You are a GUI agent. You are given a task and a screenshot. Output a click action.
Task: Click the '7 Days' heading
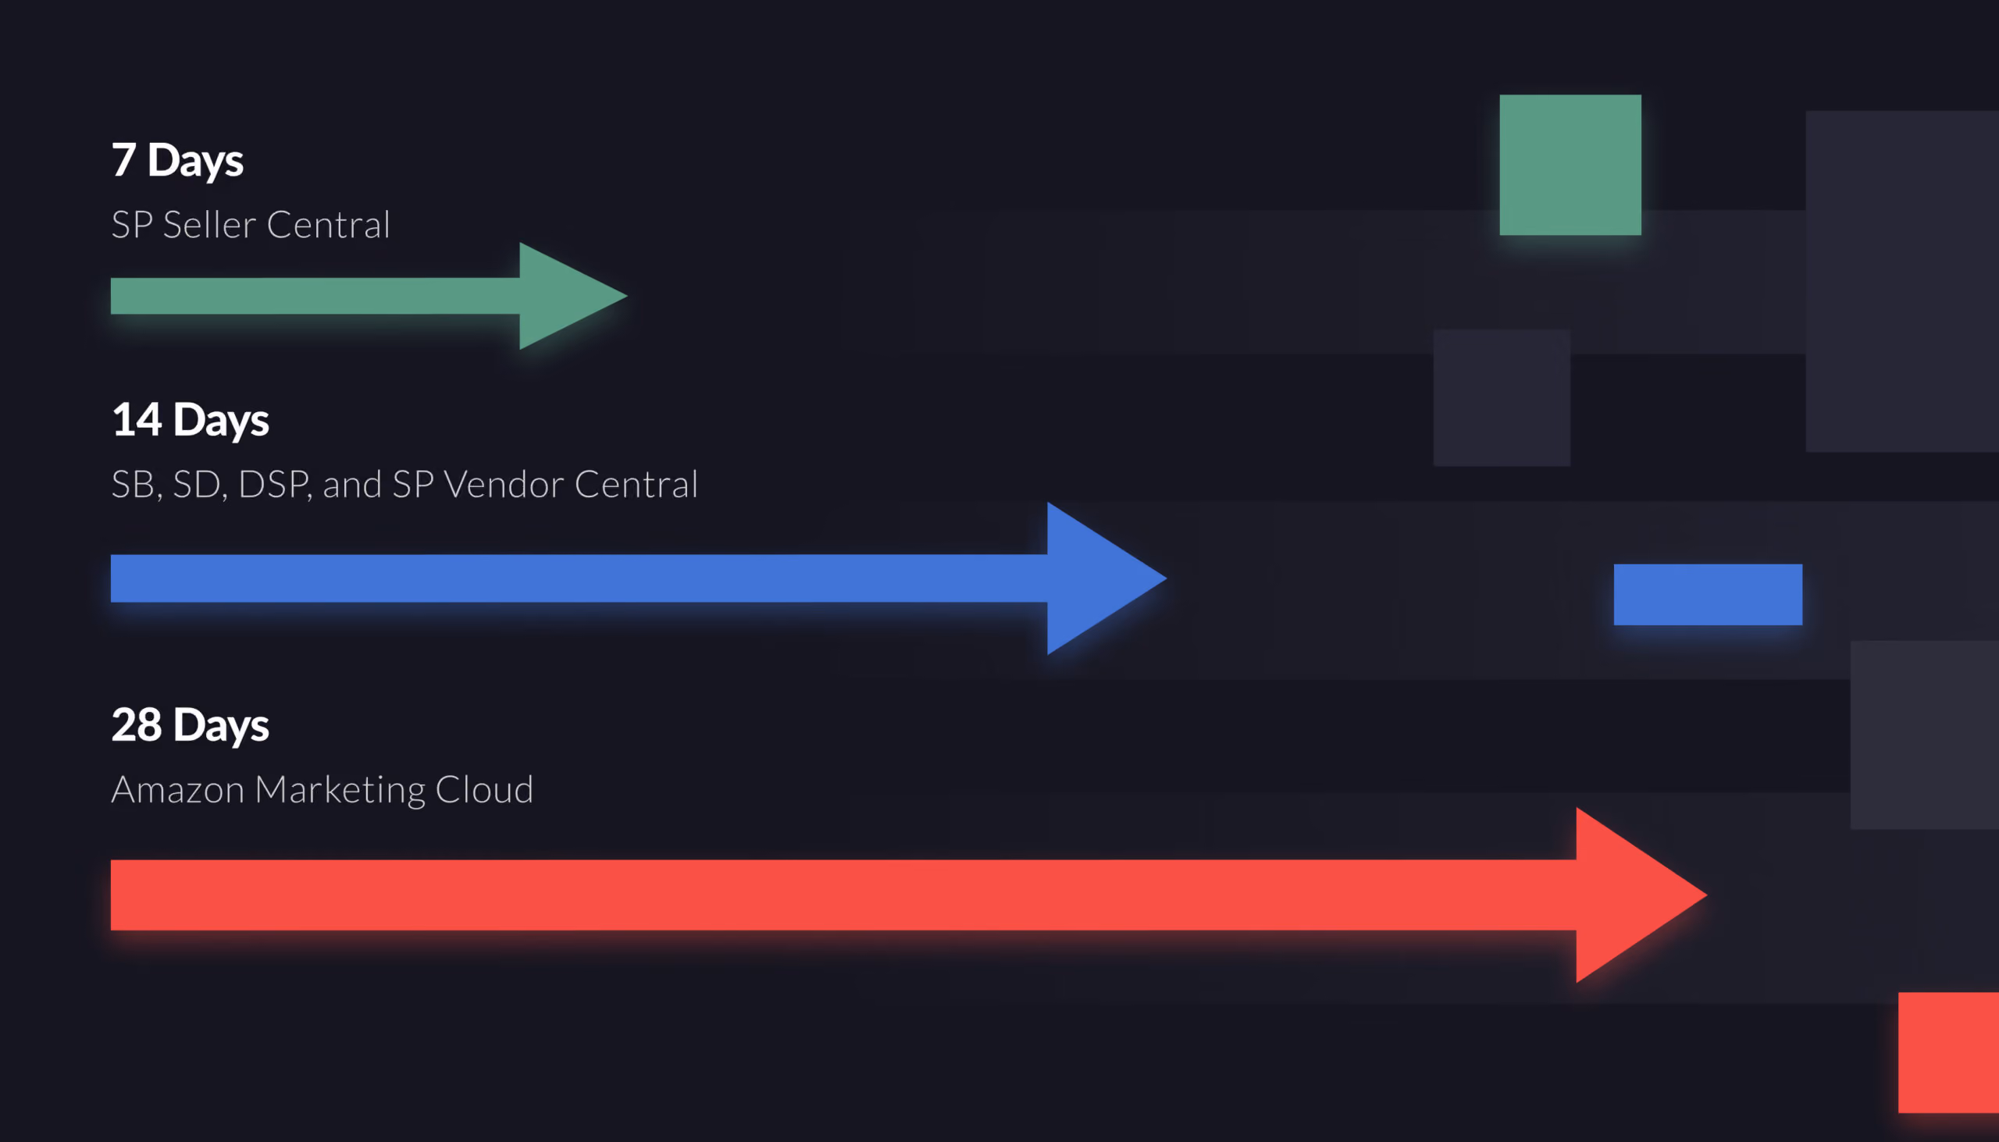tap(177, 162)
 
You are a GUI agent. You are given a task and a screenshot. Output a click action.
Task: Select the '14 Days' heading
tap(190, 422)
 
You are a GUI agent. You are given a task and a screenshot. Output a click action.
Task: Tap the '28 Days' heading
tap(190, 726)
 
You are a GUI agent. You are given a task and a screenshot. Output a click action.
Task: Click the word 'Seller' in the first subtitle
tap(209, 225)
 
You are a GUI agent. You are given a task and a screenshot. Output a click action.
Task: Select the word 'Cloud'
tap(484, 790)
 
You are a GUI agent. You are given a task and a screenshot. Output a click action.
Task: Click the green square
tap(1570, 165)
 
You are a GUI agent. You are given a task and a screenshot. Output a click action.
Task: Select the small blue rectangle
tap(1708, 595)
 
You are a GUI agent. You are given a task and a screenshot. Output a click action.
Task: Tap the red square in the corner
tap(1949, 1052)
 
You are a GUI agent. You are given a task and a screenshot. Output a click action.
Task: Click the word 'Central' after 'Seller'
tap(329, 225)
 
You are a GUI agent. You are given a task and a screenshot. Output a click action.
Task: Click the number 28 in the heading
tap(137, 724)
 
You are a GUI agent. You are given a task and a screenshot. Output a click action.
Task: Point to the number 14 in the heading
tap(137, 420)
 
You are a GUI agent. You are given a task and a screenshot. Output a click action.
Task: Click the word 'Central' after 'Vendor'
tap(636, 485)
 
